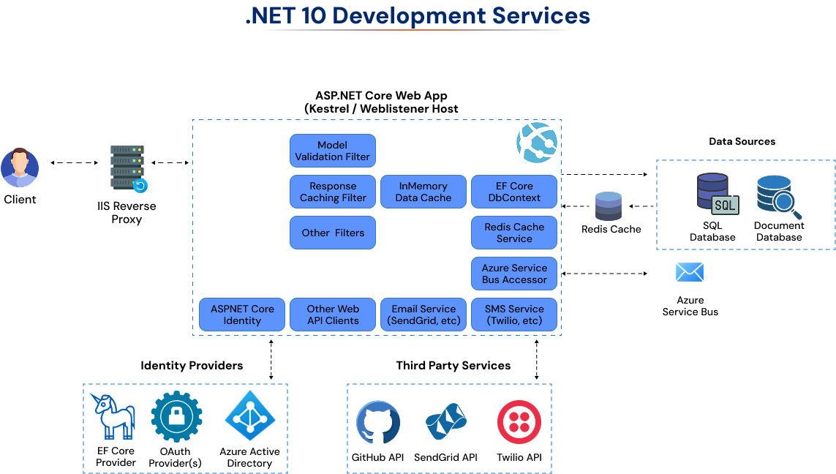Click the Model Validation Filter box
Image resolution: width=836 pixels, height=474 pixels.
click(x=333, y=151)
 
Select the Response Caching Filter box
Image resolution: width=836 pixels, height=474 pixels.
click(x=333, y=192)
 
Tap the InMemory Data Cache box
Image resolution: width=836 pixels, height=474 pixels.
click(x=423, y=192)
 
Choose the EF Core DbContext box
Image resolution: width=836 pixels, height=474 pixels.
click(x=514, y=192)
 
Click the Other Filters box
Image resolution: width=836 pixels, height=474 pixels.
click(x=333, y=233)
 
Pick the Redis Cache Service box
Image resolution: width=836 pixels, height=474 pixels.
click(x=514, y=233)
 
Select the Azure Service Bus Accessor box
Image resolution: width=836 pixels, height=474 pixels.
click(x=514, y=274)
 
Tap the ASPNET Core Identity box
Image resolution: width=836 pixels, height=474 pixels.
click(x=242, y=315)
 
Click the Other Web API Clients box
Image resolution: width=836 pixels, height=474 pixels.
click(x=333, y=315)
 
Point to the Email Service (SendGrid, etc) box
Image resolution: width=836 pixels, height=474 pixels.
click(x=423, y=315)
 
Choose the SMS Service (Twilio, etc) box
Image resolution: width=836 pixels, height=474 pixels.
click(x=514, y=315)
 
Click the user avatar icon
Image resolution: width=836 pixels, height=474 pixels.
click(x=19, y=168)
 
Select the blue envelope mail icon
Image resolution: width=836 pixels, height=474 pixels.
click(x=689, y=272)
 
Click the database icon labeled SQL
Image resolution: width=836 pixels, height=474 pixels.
click(x=716, y=194)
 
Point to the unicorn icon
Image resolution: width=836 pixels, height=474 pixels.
click(x=114, y=415)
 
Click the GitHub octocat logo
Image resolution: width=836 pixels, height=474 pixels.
click(x=378, y=422)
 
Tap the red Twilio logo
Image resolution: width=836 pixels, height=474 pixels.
click(x=519, y=422)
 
